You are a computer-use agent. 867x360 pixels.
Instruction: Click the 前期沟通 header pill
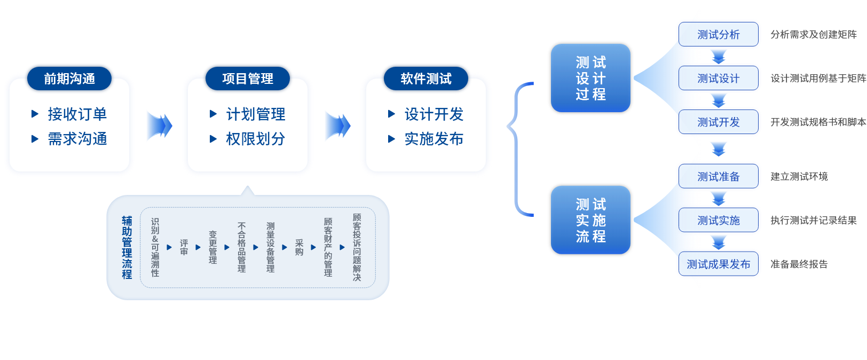pyautogui.click(x=69, y=79)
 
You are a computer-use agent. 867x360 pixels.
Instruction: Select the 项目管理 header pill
pyautogui.click(x=248, y=79)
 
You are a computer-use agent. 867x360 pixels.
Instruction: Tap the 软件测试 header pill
pyautogui.click(x=426, y=79)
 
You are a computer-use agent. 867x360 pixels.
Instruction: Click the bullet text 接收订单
pyautogui.click(x=77, y=114)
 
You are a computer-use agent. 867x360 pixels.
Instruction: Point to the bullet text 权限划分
pyautogui.click(x=256, y=139)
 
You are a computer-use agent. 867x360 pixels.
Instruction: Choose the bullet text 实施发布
pyautogui.click(x=434, y=139)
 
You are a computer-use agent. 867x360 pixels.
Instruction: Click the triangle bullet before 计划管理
pyautogui.click(x=214, y=114)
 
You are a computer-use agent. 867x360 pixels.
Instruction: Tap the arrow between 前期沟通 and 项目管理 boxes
pyautogui.click(x=159, y=127)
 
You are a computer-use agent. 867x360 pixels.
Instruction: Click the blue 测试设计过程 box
pyautogui.click(x=590, y=78)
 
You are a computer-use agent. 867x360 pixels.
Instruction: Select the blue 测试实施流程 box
pyautogui.click(x=590, y=220)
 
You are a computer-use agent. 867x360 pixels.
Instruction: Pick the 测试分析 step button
pyautogui.click(x=719, y=35)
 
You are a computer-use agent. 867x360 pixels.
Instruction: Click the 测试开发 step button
pyautogui.click(x=719, y=122)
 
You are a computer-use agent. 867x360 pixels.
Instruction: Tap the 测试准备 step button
pyautogui.click(x=719, y=177)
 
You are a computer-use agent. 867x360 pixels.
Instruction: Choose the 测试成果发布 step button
pyautogui.click(x=719, y=264)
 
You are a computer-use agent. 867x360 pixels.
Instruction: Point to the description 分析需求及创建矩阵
pyautogui.click(x=814, y=35)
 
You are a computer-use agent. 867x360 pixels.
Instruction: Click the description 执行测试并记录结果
pyautogui.click(x=814, y=221)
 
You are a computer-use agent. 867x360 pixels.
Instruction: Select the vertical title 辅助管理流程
pyautogui.click(x=127, y=247)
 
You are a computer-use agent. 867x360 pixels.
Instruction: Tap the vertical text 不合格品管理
pyautogui.click(x=242, y=247)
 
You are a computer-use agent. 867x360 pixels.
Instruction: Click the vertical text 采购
pyautogui.click(x=299, y=247)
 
